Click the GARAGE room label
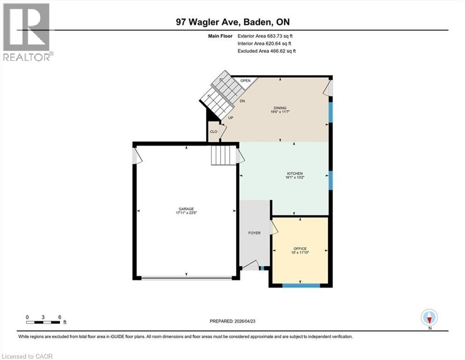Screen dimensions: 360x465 tap(186, 209)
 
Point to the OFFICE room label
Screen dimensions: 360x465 tap(300, 248)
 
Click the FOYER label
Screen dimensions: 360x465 tap(254, 233)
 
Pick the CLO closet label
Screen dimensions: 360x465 tap(213, 132)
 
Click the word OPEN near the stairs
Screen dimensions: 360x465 tap(246, 81)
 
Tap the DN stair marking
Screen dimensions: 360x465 tap(243, 101)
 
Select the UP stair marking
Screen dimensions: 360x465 tap(230, 118)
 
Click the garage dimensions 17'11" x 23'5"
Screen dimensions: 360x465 tap(186, 214)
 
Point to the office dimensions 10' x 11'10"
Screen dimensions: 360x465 tap(300, 253)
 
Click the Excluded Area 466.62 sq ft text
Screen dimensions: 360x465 tap(266, 51)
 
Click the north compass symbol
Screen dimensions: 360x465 tap(429, 317)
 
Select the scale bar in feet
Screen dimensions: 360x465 tap(43, 322)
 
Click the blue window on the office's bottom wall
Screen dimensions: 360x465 tap(301, 285)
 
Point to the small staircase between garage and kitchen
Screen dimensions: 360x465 tap(221, 155)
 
